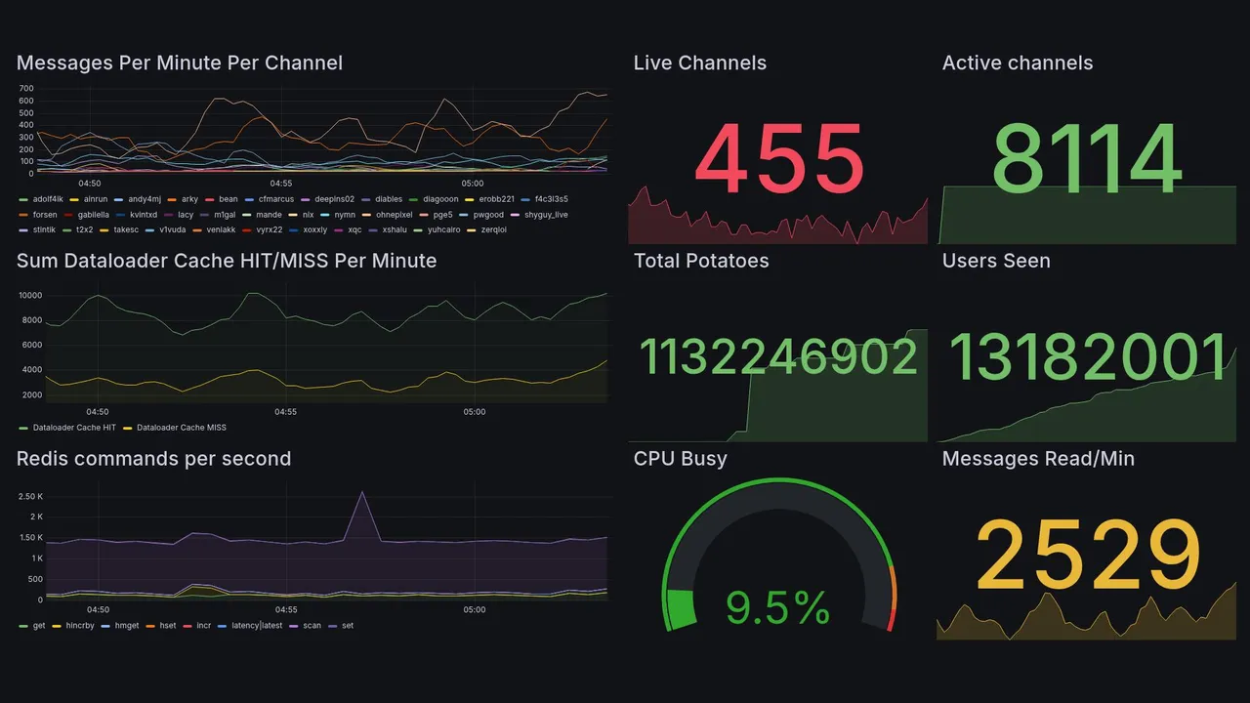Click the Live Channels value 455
[779, 159]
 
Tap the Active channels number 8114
[1087, 159]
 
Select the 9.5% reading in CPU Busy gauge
[777, 608]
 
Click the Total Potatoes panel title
[700, 261]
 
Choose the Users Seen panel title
[995, 261]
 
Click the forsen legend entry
[44, 215]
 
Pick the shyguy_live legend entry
[545, 215]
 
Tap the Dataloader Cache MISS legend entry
[181, 428]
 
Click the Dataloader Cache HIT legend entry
[73, 428]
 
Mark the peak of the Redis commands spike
[362, 492]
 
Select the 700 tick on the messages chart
[26, 89]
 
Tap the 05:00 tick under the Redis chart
[474, 609]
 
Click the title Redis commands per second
[153, 459]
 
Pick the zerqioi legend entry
[492, 230]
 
